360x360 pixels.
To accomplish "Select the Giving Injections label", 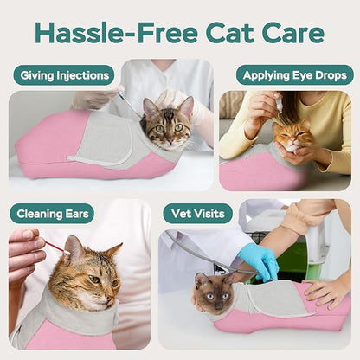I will click(63, 75).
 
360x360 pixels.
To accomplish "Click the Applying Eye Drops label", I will click(294, 75).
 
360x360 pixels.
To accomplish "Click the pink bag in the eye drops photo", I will click(251, 172).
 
